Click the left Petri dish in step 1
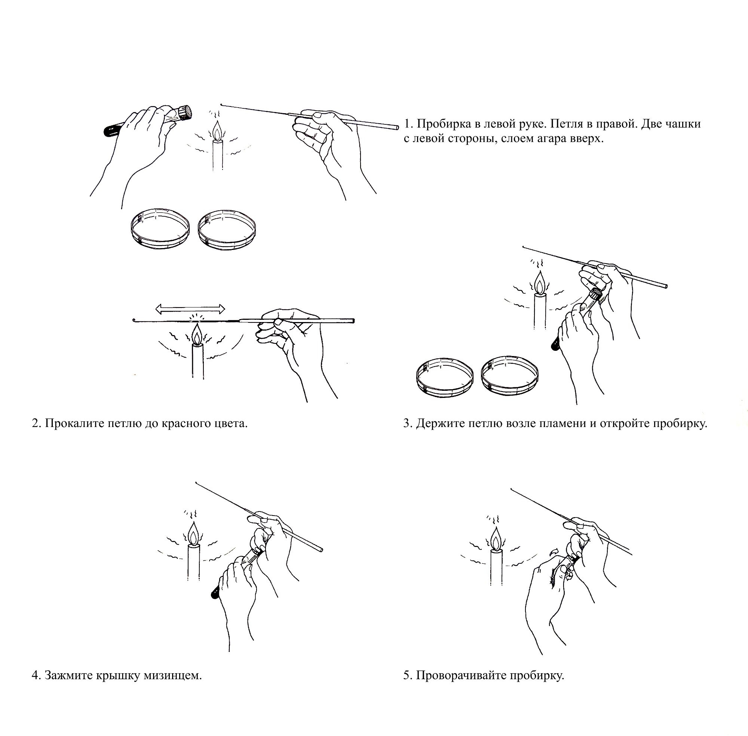160,228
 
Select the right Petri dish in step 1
227,230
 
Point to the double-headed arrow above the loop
190,309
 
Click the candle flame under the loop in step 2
197,334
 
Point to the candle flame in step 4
193,534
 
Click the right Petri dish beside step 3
509,374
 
